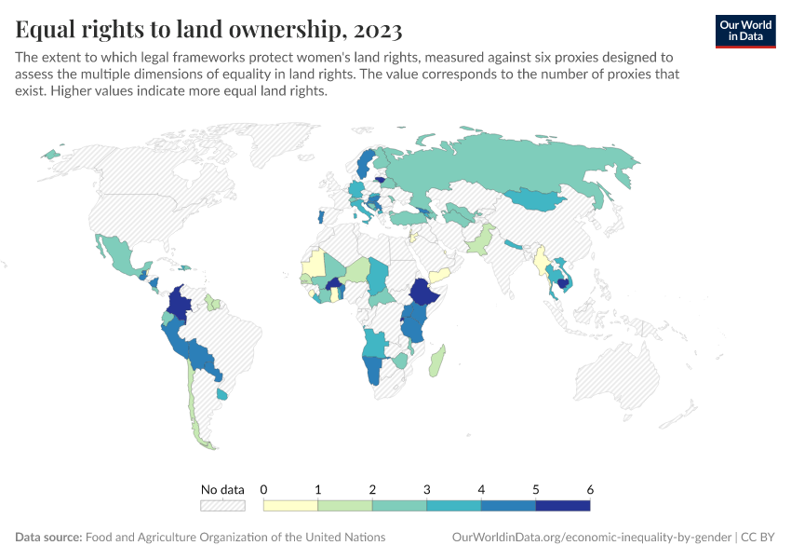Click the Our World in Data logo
pos(745,30)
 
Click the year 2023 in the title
pos(375,31)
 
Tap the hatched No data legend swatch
pos(222,505)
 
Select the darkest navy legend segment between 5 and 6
pos(563,505)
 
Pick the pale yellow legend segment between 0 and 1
pos(290,505)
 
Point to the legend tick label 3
pos(427,489)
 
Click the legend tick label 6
pos(590,489)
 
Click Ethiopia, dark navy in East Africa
pos(422,293)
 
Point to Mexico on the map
pos(116,253)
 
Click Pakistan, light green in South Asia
pos(478,242)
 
